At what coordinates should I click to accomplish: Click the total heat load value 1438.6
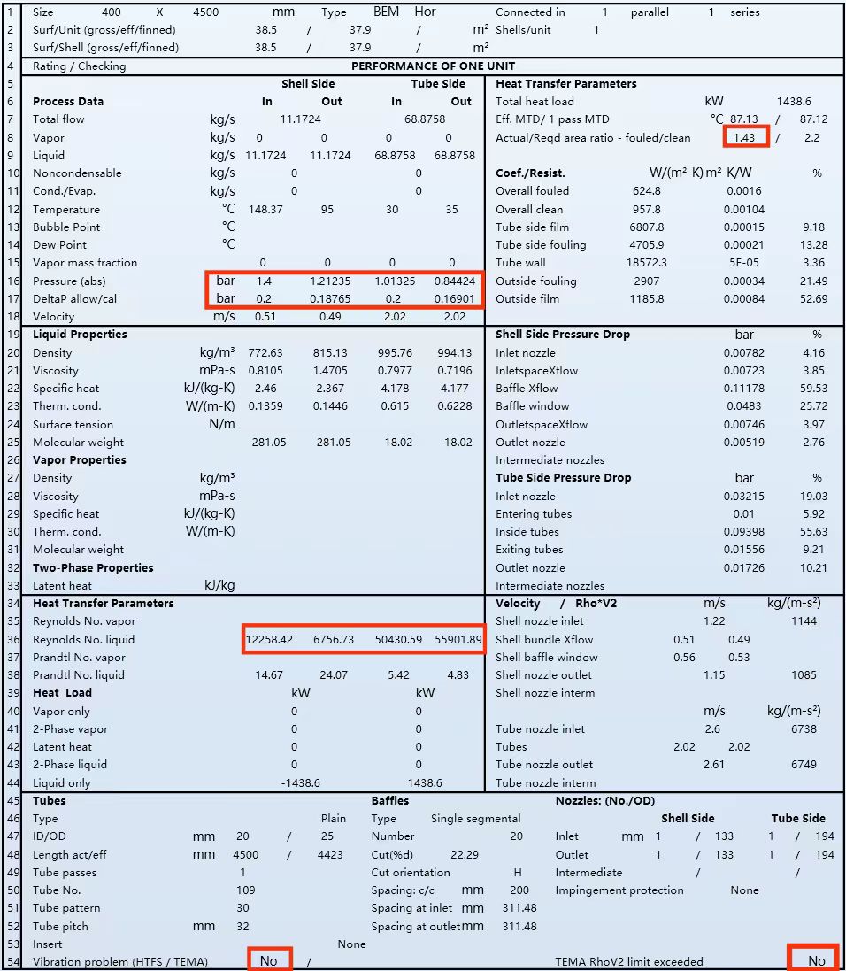click(x=793, y=102)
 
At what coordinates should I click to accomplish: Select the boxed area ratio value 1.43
click(x=744, y=137)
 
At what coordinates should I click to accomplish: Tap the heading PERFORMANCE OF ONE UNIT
click(x=433, y=66)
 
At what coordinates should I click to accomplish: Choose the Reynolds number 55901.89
click(x=458, y=639)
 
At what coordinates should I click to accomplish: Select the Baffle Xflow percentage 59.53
click(x=812, y=389)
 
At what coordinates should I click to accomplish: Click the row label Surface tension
click(x=73, y=425)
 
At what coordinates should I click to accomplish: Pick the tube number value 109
click(x=245, y=890)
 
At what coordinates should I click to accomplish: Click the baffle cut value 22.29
click(x=465, y=855)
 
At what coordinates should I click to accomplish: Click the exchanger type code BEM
click(x=386, y=12)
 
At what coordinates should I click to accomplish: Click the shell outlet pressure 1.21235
click(x=331, y=281)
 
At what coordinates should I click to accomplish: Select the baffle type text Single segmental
click(x=475, y=819)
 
